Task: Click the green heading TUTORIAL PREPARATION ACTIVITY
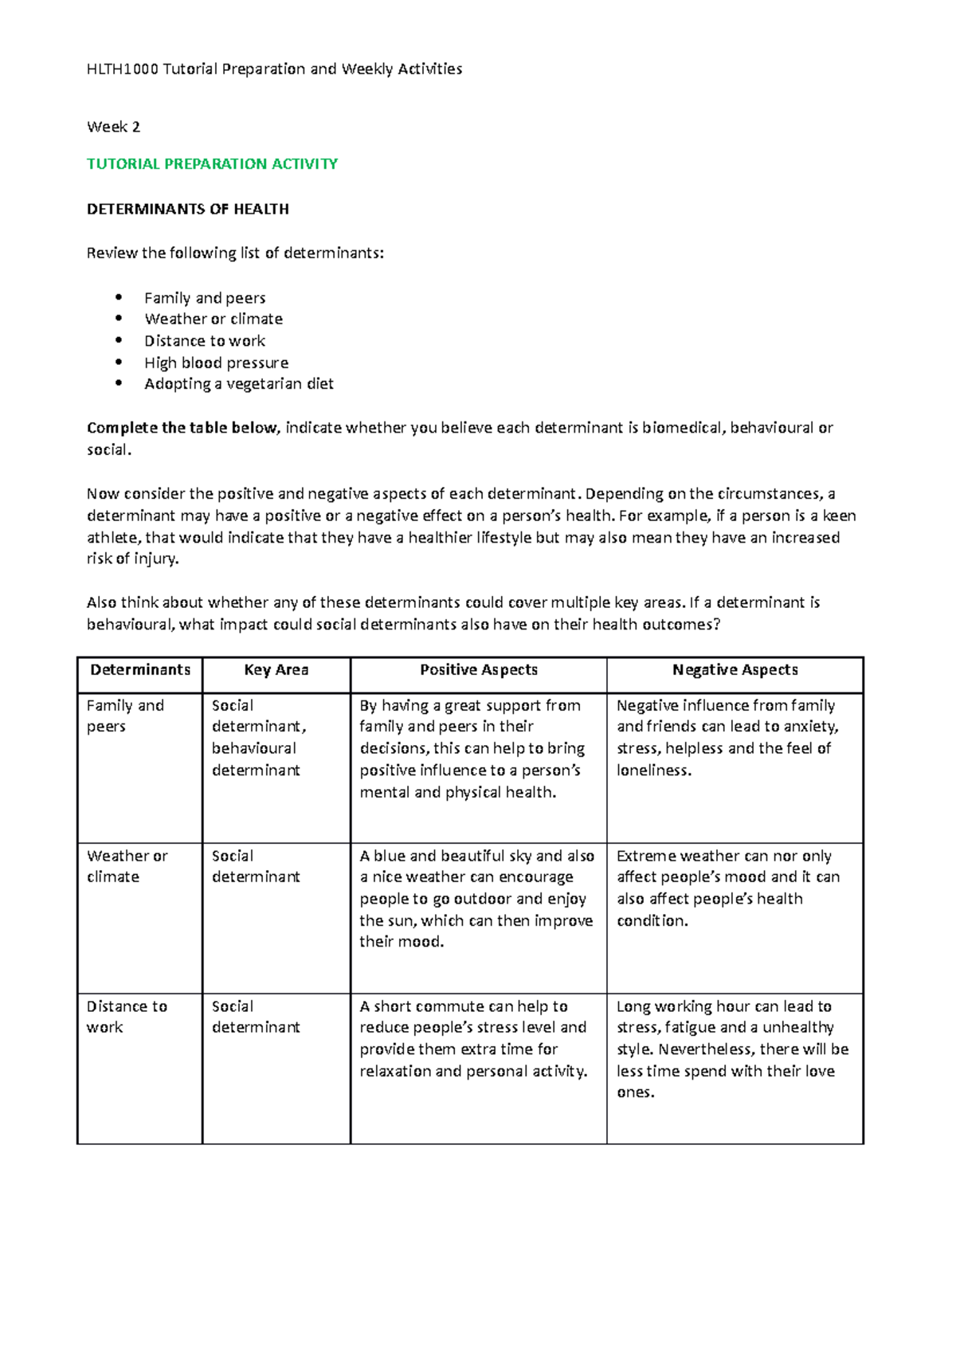tap(212, 164)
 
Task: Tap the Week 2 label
tap(113, 127)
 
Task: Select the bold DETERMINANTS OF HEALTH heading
tap(187, 209)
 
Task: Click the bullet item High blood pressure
tap(216, 363)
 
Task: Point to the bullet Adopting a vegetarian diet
tap(238, 384)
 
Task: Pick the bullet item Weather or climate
tap(214, 319)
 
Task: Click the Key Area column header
tap(276, 670)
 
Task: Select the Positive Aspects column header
tap(478, 670)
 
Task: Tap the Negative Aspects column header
tap(735, 670)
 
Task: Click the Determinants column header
tap(140, 670)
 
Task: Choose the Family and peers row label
tap(124, 716)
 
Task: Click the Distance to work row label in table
tap(126, 1017)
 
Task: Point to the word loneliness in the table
tap(652, 771)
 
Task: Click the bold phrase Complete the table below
tap(182, 428)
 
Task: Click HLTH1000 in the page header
tap(122, 69)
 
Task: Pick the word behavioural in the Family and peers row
tap(253, 748)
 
